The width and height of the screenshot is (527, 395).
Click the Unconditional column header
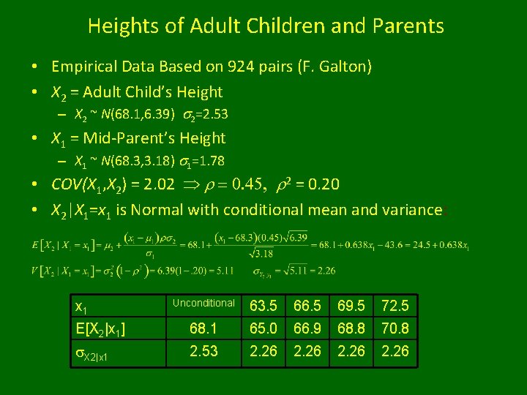[203, 303]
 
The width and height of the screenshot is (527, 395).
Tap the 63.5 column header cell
[263, 305]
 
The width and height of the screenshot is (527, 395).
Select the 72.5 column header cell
[395, 305]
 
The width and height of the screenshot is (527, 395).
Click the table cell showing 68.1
[203, 328]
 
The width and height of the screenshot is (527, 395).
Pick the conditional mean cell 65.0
[263, 328]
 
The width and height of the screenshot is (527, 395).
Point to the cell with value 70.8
[395, 328]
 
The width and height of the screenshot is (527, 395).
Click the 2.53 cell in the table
[203, 351]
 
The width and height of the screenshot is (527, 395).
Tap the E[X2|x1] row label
[101, 328]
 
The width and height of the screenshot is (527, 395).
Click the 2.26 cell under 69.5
[351, 351]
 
